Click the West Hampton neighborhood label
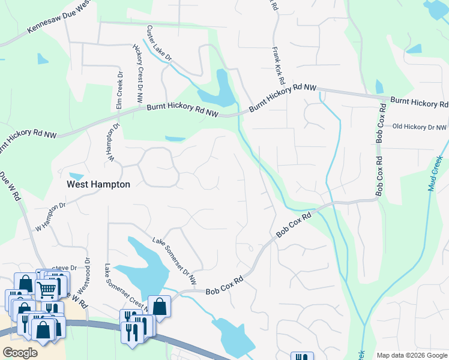[98, 184]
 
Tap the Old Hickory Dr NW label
[419, 127]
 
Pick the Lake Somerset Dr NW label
[174, 259]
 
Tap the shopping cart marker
[47, 290]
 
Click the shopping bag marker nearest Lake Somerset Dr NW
[160, 305]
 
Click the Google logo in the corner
[20, 352]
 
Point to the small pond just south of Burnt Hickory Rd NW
[175, 139]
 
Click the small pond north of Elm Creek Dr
[42, 59]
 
